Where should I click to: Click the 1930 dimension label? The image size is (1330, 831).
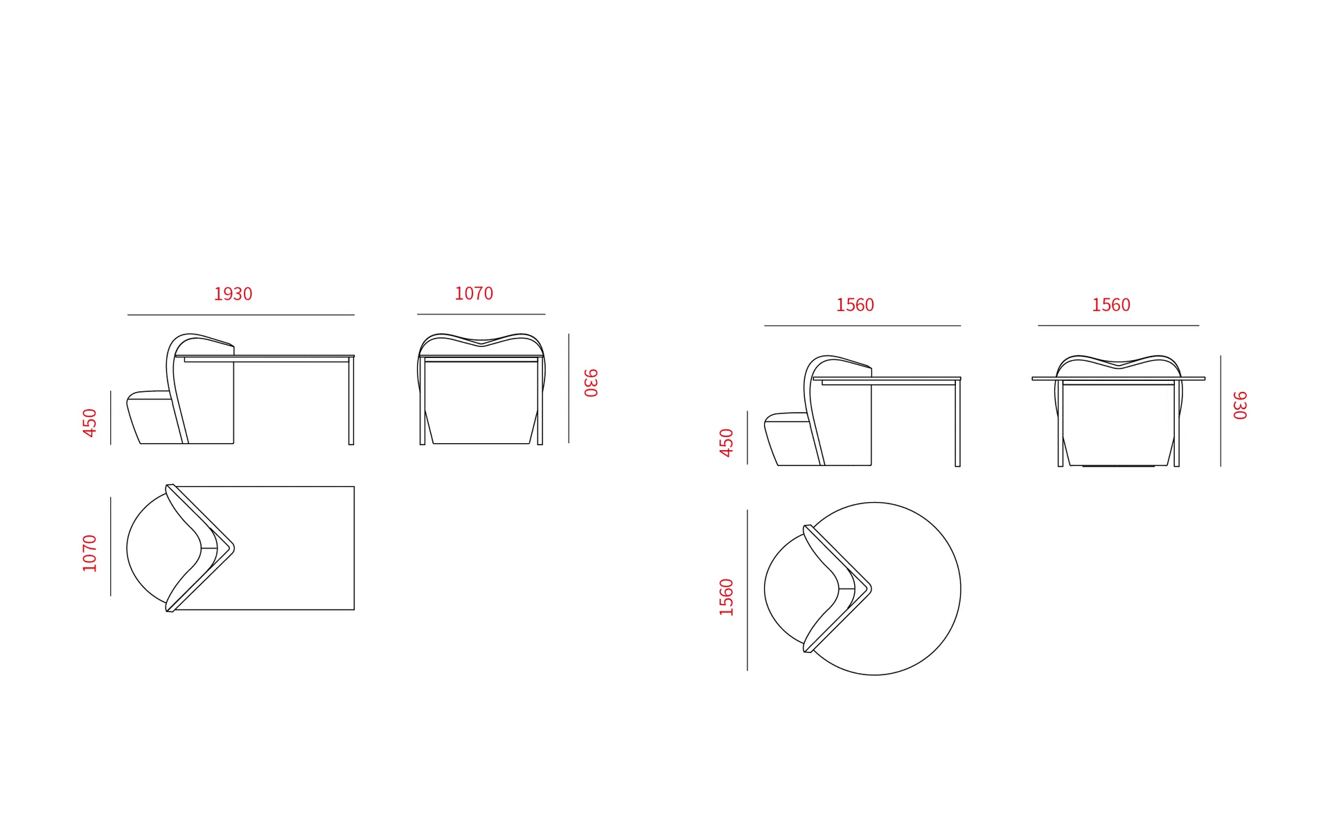(233, 294)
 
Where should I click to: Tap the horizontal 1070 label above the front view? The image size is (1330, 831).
(474, 294)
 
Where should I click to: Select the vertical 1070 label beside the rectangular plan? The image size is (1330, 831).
(89, 553)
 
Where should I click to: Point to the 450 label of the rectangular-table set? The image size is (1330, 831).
(89, 422)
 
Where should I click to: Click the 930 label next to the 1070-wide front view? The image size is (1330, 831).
(590, 383)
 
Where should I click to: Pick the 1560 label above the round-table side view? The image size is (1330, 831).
(855, 305)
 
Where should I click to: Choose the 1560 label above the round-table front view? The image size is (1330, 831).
(1111, 305)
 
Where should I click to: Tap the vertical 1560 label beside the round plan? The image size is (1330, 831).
(726, 597)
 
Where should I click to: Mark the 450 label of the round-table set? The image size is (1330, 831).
(726, 443)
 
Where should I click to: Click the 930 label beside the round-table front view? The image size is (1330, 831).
(1240, 406)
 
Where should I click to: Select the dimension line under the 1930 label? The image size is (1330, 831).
(241, 315)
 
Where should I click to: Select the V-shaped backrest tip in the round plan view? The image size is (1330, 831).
(871, 589)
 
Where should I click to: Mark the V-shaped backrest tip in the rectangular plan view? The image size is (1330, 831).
(233, 548)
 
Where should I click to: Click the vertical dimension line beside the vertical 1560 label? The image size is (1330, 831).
(747, 590)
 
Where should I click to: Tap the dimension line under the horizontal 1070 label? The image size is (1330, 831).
(481, 314)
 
